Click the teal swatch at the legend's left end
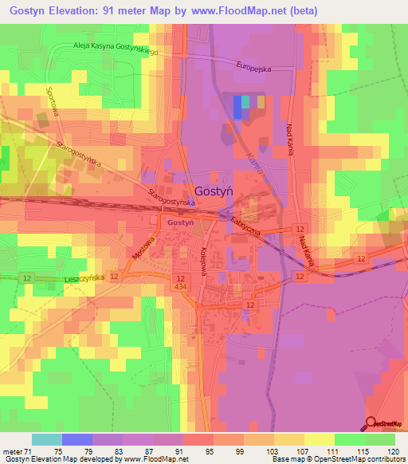[47, 439]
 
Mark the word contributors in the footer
[386, 459]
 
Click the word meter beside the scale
[12, 450]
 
